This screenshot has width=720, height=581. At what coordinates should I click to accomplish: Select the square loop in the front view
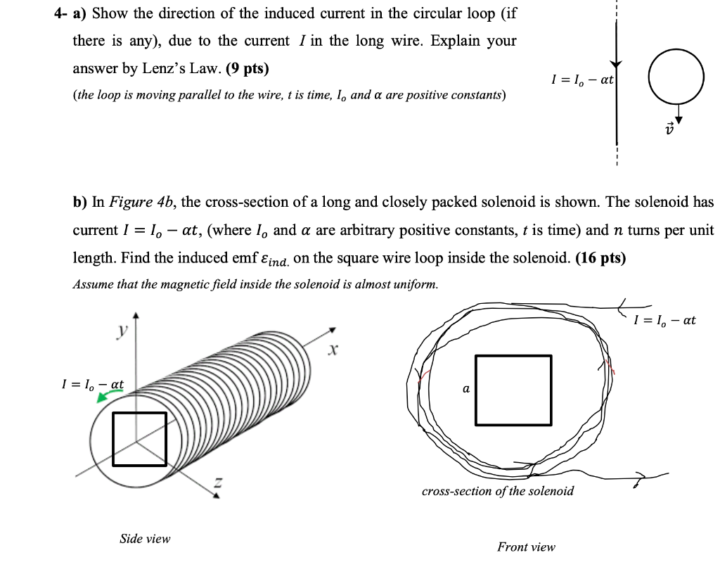click(x=513, y=390)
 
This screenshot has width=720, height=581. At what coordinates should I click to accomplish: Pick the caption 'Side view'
click(x=145, y=539)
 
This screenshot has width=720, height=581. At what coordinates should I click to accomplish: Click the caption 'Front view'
click(x=526, y=547)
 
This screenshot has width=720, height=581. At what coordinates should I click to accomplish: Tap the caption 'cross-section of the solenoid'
click(x=497, y=491)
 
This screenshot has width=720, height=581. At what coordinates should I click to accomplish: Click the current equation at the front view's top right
click(x=664, y=320)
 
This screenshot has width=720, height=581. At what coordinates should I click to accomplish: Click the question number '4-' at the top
click(x=63, y=13)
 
